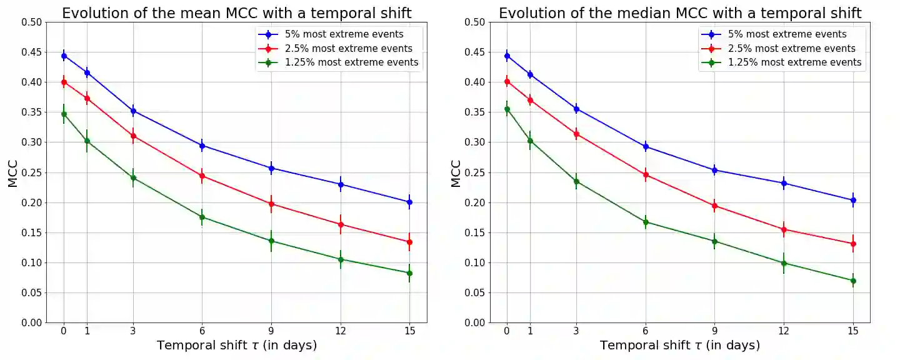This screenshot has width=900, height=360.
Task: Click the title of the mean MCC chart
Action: click(x=236, y=13)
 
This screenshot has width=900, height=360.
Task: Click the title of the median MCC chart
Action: click(x=680, y=13)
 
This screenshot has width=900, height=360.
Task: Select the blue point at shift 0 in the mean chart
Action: click(x=64, y=56)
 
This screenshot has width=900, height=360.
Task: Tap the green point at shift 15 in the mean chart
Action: click(x=409, y=273)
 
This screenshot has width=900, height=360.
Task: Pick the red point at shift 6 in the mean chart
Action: click(x=202, y=176)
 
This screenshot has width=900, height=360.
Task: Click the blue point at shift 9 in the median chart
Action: click(x=714, y=170)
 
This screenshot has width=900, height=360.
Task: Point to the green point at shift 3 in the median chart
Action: click(x=576, y=181)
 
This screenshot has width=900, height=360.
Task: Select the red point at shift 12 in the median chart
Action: click(x=784, y=229)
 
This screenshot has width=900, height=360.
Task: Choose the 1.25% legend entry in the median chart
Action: click(x=794, y=62)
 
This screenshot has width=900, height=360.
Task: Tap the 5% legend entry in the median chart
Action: click(x=787, y=34)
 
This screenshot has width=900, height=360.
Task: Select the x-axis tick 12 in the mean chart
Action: click(x=340, y=331)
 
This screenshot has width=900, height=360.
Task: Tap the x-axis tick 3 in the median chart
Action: click(x=576, y=331)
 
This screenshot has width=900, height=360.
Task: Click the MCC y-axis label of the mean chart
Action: click(x=12, y=172)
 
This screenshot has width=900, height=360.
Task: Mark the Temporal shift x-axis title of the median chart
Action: click(x=680, y=346)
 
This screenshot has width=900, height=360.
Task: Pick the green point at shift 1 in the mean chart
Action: click(x=87, y=141)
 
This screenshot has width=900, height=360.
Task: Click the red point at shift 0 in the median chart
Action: click(x=507, y=81)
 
